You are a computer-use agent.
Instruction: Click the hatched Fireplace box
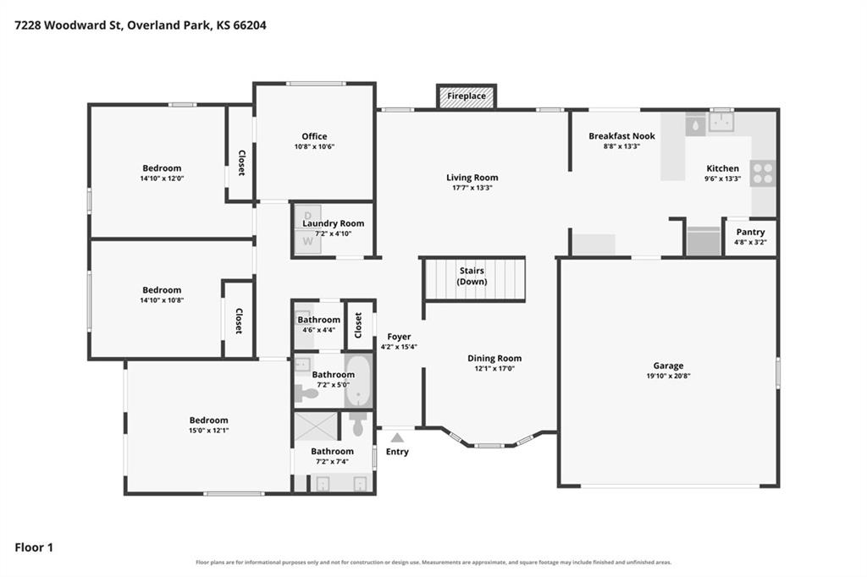(x=467, y=96)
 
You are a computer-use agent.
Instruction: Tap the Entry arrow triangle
(x=397, y=438)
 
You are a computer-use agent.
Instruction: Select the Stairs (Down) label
(x=472, y=276)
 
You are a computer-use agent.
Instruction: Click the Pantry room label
(x=750, y=232)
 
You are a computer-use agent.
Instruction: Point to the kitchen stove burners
(x=763, y=173)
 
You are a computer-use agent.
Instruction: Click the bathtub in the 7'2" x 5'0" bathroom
(x=359, y=380)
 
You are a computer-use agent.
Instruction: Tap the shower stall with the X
(x=315, y=426)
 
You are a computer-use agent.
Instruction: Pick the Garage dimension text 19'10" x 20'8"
(x=668, y=376)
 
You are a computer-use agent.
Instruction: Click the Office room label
(x=314, y=136)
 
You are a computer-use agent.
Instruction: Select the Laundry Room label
(x=333, y=223)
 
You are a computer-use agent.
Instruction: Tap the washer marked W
(x=307, y=242)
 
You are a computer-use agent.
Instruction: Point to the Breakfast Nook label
(x=621, y=136)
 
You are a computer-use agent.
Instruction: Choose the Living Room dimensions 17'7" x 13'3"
(x=472, y=188)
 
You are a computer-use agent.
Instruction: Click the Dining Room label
(x=494, y=358)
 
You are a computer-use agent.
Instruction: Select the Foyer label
(x=399, y=337)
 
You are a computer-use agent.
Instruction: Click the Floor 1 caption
(x=34, y=547)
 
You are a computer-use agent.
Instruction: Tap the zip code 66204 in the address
(x=250, y=25)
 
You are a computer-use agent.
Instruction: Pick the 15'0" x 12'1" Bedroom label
(x=208, y=425)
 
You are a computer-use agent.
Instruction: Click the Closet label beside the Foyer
(x=358, y=325)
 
